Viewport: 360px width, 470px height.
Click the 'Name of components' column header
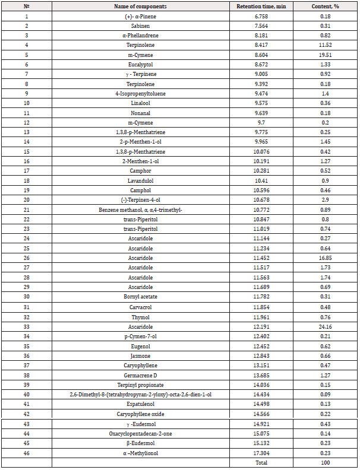pos(141,6)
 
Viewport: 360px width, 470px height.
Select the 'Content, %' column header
pos(326,6)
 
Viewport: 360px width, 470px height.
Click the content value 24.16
pos(326,326)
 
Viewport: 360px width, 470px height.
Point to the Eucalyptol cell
pos(141,63)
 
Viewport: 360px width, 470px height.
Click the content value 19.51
pos(326,54)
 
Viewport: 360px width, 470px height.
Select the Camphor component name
pos(141,171)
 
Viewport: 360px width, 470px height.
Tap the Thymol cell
pos(141,317)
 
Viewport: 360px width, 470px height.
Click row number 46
pos(26,453)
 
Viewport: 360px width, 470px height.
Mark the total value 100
pos(326,462)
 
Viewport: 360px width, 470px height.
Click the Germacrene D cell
pos(141,375)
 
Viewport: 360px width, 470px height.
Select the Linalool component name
pos(141,103)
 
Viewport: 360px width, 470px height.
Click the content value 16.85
pos(326,258)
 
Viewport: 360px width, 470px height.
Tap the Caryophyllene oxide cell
pos(141,414)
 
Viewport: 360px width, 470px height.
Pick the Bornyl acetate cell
pos(141,297)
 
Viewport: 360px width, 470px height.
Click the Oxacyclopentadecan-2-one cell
pos(141,433)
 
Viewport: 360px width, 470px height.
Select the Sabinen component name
pos(141,25)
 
